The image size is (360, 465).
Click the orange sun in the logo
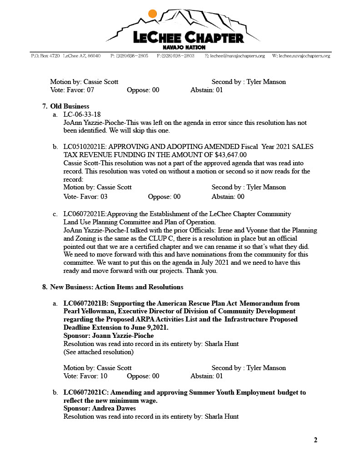coord(153,14)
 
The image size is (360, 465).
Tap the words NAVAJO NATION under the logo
coord(184,47)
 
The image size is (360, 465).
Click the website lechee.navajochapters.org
coord(301,56)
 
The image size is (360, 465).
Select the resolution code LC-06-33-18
coord(82,114)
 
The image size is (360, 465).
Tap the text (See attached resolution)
coord(98,352)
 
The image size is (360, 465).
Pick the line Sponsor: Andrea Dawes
coord(100,408)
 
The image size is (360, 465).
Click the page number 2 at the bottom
coord(315,440)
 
